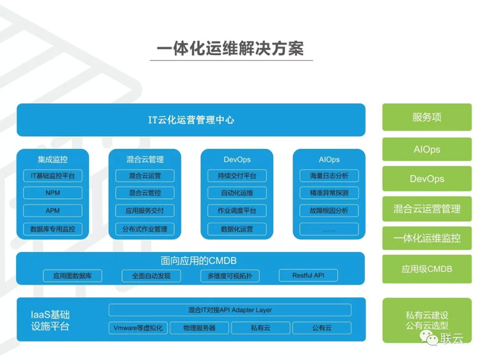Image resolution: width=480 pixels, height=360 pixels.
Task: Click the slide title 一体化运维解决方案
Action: (x=230, y=49)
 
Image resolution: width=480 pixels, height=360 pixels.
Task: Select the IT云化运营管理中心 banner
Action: (x=191, y=120)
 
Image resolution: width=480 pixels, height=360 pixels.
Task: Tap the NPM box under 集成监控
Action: (x=52, y=193)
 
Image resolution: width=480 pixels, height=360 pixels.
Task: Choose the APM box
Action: (x=52, y=211)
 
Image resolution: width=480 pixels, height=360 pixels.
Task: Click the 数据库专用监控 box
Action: (x=52, y=229)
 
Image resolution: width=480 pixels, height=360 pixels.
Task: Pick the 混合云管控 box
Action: (x=145, y=193)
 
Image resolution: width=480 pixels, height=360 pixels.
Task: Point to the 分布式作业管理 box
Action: (x=145, y=229)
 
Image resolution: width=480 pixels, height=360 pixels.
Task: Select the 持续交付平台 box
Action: (x=237, y=176)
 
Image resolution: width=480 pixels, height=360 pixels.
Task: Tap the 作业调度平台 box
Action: (x=237, y=211)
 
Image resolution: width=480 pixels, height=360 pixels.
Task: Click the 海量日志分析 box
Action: (x=329, y=176)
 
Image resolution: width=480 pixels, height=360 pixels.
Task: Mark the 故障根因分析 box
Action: (x=329, y=211)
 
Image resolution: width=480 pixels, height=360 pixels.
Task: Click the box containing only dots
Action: (x=329, y=229)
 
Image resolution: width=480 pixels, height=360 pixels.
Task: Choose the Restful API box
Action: (x=308, y=276)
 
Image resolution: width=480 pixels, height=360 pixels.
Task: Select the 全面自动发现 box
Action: (x=151, y=276)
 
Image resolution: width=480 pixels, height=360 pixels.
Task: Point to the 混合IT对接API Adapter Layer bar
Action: (x=230, y=310)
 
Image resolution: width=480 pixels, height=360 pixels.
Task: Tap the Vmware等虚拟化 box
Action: (x=138, y=328)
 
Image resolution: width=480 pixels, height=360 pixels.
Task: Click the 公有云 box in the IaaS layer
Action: (x=322, y=328)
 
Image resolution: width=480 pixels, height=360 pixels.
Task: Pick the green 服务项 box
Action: (x=427, y=117)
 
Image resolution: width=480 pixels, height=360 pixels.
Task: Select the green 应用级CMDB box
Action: (x=427, y=269)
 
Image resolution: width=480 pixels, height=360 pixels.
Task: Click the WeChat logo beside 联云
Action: (x=429, y=338)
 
